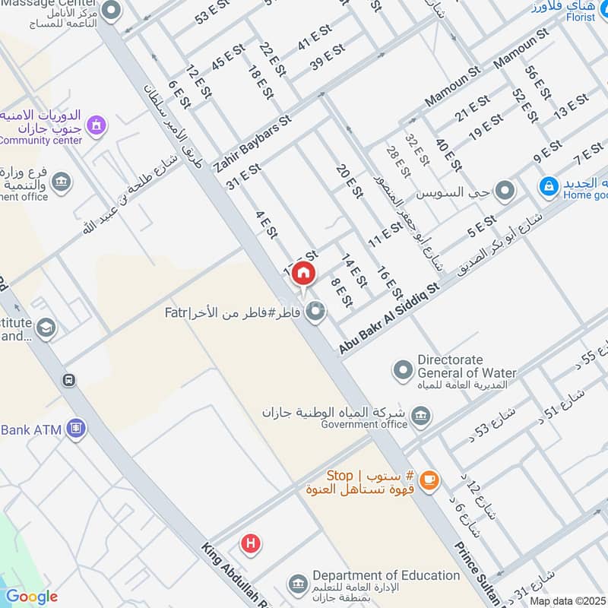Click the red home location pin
[302, 274]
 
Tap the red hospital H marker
[249, 543]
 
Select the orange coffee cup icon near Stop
[429, 479]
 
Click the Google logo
[32, 597]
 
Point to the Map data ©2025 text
[567, 600]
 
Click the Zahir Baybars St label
[253, 143]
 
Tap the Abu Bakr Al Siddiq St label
[390, 315]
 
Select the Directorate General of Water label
[466, 366]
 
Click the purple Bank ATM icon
[75, 429]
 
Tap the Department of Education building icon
[298, 584]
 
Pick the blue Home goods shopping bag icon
[548, 185]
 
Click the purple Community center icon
[97, 124]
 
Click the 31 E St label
[243, 177]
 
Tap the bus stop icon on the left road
[69, 379]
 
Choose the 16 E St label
[388, 283]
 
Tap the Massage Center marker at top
[112, 11]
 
